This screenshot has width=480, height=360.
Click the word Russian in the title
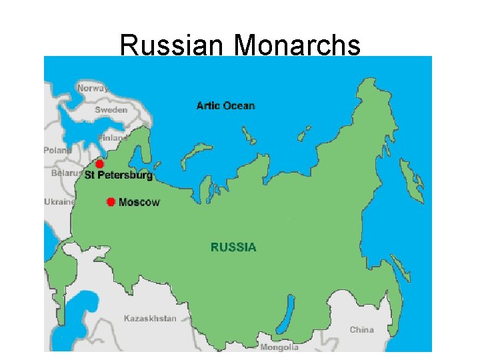tap(173, 45)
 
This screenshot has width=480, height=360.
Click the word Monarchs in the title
tap(297, 45)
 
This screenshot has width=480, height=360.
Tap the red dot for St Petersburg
tap(100, 164)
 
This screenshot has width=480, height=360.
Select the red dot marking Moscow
tap(111, 201)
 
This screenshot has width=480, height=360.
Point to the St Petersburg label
tap(119, 175)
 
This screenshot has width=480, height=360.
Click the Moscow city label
tap(139, 202)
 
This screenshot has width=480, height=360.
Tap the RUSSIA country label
tap(233, 247)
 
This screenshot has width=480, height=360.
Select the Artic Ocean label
tap(225, 105)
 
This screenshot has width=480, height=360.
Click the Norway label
tap(93, 88)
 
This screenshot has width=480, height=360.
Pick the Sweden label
tap(111, 109)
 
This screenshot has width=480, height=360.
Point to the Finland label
tap(111, 138)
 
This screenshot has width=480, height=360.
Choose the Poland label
tap(57, 151)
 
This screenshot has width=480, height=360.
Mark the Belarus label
tap(62, 173)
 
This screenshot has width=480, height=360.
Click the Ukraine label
tap(59, 202)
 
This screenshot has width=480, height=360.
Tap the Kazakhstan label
tap(150, 318)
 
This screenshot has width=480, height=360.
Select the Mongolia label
tap(279, 347)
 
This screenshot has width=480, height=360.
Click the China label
tap(362, 329)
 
